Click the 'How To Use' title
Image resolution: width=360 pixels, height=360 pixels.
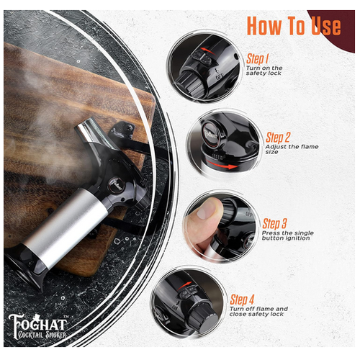tap(294, 26)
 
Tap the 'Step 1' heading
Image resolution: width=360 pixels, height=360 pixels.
tap(257, 59)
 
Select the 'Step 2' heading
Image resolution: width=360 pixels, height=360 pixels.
tap(278, 138)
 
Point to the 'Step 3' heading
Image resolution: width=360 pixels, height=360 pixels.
tap(274, 223)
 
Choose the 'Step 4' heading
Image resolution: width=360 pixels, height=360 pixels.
tap(242, 300)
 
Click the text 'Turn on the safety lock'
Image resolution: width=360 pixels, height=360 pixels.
tap(264, 71)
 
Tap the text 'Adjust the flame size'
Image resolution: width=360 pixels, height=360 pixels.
tap(292, 149)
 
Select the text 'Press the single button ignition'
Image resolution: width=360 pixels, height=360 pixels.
tap(288, 235)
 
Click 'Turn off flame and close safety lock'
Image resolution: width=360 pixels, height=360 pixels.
tap(258, 311)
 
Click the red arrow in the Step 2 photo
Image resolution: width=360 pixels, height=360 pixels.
tap(221, 164)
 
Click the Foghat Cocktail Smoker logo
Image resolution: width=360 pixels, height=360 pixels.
tap(37, 326)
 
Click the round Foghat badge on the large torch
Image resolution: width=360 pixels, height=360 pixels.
tap(117, 186)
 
